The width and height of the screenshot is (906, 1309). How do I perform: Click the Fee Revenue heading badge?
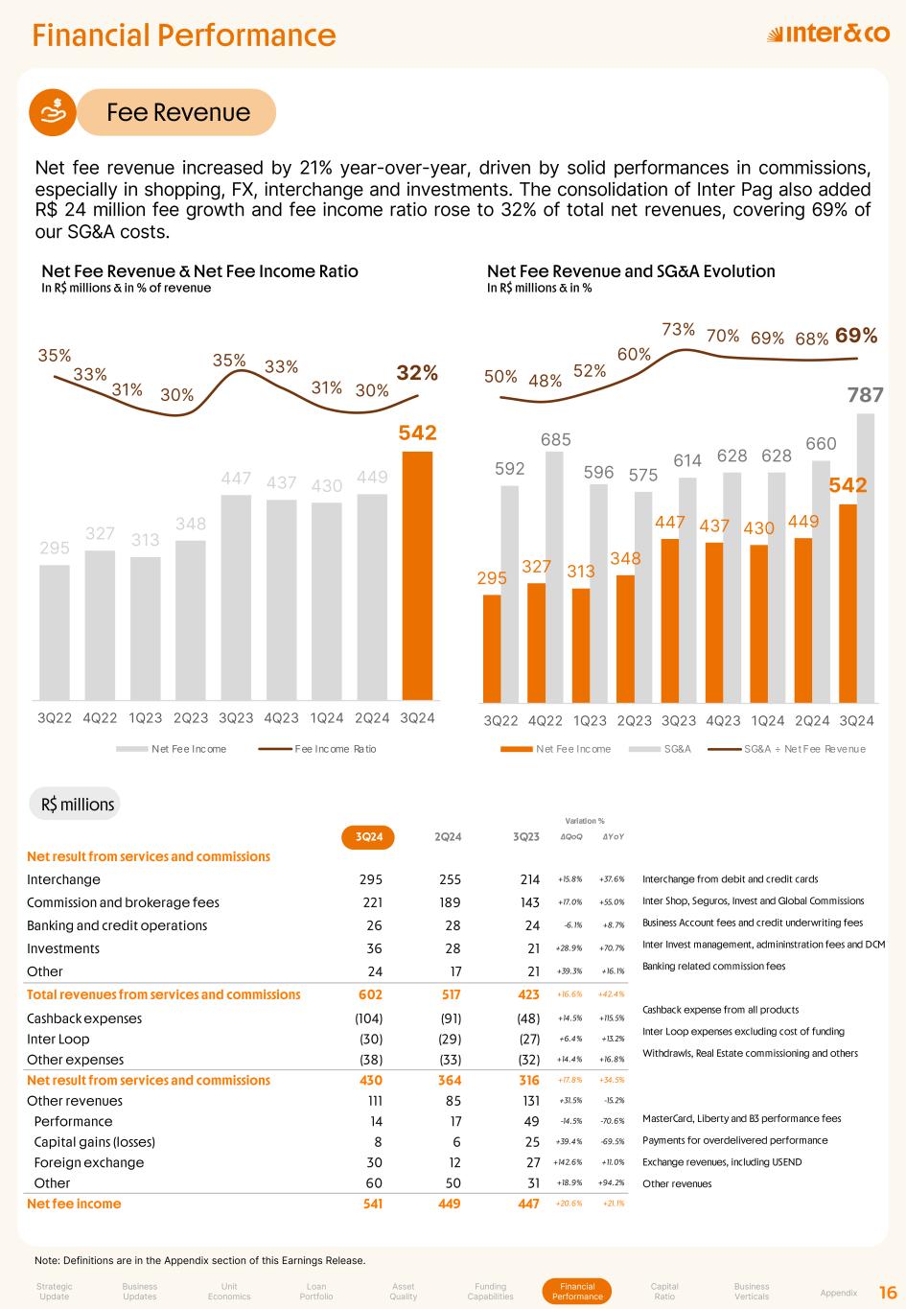(x=177, y=112)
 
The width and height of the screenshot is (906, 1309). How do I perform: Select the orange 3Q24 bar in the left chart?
(x=417, y=575)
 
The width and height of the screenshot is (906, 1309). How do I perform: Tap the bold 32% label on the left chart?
(x=417, y=373)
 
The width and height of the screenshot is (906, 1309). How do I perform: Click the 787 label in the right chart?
(x=865, y=394)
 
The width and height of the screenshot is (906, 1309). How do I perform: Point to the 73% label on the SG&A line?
(x=678, y=330)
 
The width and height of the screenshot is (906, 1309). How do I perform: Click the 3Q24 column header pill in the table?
(x=369, y=836)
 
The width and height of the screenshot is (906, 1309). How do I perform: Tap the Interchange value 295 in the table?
(x=369, y=879)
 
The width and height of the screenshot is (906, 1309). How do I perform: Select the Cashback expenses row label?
(x=84, y=1018)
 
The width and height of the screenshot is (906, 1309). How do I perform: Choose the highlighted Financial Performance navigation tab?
(x=577, y=1291)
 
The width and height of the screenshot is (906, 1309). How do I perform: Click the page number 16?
(x=888, y=1292)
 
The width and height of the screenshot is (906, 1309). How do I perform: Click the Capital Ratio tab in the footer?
(x=664, y=1291)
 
